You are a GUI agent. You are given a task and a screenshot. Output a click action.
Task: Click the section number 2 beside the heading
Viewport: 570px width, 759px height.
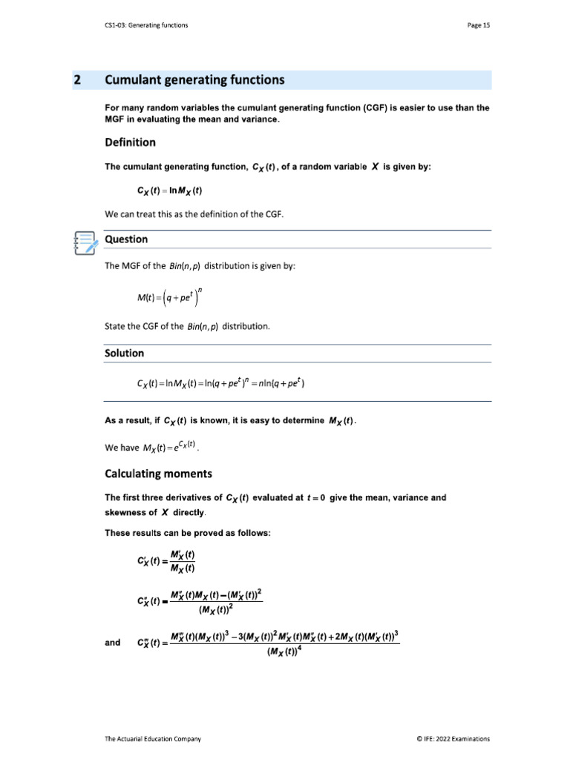77,80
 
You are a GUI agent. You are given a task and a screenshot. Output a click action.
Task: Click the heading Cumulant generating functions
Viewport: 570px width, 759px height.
194,80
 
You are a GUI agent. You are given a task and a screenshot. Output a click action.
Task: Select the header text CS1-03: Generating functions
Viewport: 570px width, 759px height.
146,25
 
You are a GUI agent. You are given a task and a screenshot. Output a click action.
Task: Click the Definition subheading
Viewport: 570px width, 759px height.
130,142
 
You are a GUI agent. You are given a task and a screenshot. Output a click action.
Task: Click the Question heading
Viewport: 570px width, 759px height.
126,239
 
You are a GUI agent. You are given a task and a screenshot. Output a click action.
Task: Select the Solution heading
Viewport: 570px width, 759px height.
125,353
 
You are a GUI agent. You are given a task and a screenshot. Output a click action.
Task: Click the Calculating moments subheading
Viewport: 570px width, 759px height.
158,473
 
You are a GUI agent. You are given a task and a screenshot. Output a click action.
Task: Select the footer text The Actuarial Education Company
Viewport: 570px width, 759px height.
153,738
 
